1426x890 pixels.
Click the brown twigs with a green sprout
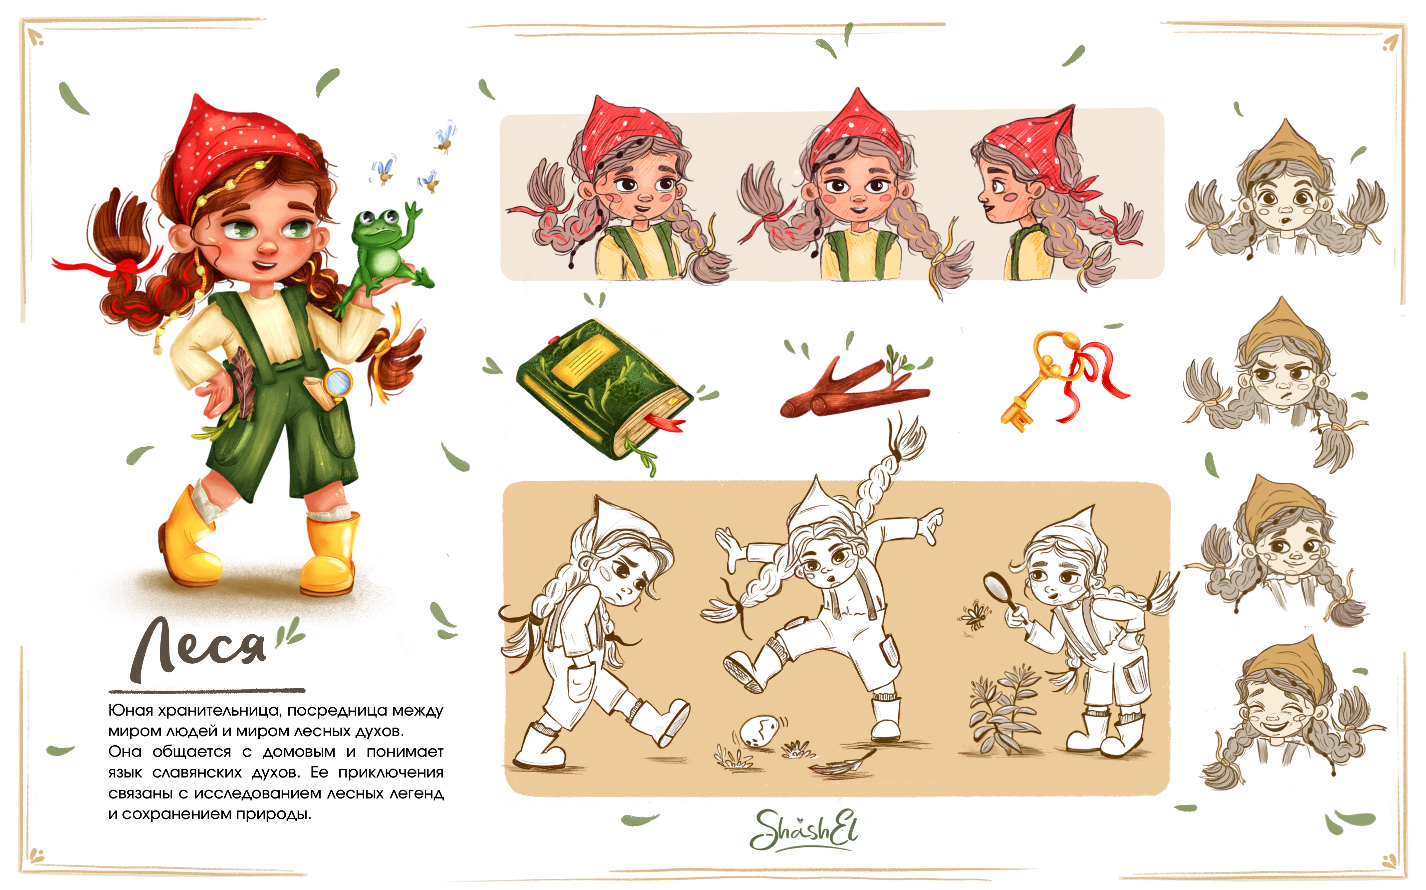pos(854,385)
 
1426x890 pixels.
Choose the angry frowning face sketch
pos(1278,377)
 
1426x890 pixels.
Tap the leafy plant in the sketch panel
pos(1001,709)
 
